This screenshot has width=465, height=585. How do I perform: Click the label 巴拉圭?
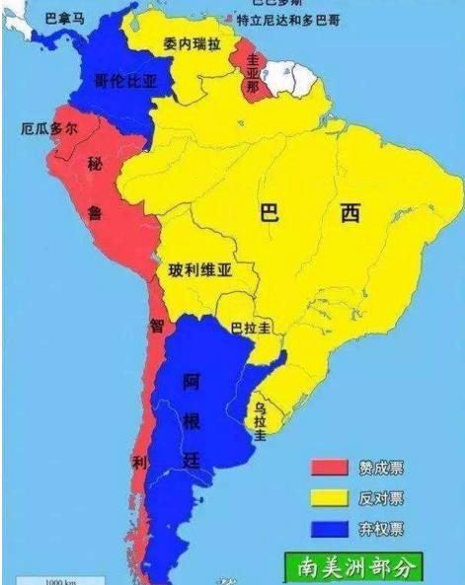(x=251, y=328)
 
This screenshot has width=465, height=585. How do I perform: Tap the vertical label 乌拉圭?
(x=260, y=418)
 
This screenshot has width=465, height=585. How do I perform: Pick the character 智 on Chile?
(x=156, y=326)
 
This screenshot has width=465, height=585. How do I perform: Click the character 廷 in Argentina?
(x=192, y=460)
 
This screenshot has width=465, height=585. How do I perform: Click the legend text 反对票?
(x=382, y=496)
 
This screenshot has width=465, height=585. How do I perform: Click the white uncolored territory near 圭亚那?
(x=290, y=74)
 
